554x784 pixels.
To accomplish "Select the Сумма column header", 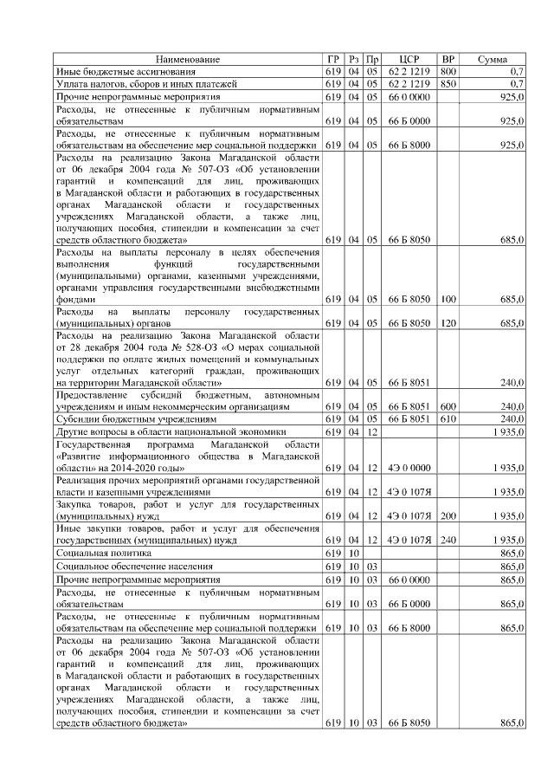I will tap(492, 59).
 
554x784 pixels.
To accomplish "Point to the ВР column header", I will tap(448, 59).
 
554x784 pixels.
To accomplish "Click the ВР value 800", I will tap(448, 71).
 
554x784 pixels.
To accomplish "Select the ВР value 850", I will tap(448, 84).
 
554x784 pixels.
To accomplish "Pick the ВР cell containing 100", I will tap(448, 299).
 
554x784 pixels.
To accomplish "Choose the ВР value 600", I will tap(448, 405).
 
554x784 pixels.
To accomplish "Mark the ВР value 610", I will tap(448, 418).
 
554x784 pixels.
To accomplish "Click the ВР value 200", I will tap(448, 515).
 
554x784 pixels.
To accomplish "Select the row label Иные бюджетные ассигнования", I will tap(126, 71).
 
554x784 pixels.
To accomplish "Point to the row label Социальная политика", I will tap(99, 552).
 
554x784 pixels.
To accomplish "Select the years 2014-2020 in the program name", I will tap(126, 467).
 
